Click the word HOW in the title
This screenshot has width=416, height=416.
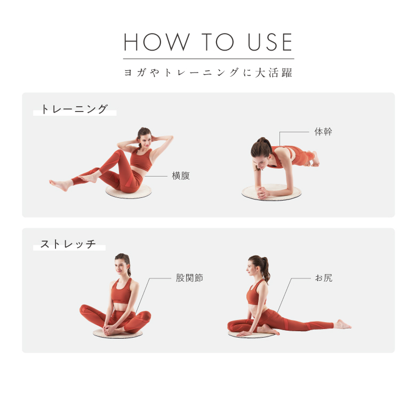click(157, 42)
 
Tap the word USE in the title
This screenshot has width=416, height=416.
click(270, 42)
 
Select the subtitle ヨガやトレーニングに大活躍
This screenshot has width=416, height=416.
click(208, 73)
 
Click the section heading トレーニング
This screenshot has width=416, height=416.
click(74, 109)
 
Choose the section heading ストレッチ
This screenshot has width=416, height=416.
click(68, 244)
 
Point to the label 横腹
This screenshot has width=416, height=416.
click(181, 175)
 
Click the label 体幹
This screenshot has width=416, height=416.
click(323, 132)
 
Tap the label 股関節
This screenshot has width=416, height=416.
click(189, 278)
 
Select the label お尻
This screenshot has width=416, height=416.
click(323, 278)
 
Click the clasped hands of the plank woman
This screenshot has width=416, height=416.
click(262, 193)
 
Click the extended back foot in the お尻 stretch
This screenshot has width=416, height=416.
click(342, 324)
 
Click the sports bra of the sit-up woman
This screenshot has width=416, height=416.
click(141, 159)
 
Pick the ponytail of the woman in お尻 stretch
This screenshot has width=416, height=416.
click(265, 268)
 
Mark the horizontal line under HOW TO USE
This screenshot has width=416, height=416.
click(209, 59)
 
